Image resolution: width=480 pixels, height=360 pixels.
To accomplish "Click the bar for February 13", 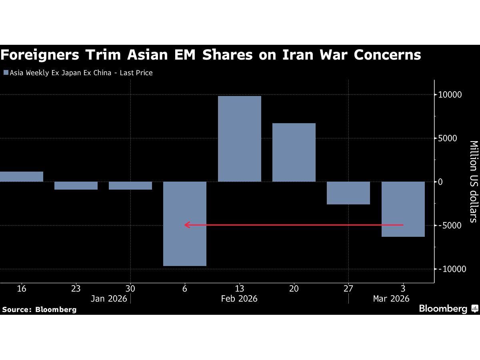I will [x=239, y=139].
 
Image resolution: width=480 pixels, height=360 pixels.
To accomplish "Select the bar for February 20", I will [x=294, y=152].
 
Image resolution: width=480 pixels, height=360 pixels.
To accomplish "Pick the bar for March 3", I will [x=403, y=209].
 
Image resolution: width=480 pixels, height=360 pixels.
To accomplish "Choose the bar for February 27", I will [x=348, y=193].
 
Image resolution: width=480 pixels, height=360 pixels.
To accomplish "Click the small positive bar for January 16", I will [x=21, y=176].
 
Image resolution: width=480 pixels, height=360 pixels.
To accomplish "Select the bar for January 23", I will [x=76, y=186].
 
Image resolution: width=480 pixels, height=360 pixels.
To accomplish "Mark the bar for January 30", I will [x=130, y=186].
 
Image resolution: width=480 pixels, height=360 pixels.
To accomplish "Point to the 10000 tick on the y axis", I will [x=450, y=95].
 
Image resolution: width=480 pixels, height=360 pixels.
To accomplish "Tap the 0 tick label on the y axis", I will [x=440, y=182].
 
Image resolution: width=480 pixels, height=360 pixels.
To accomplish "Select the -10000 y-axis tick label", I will [x=452, y=269].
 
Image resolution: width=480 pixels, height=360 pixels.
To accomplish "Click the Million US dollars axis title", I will [x=473, y=181].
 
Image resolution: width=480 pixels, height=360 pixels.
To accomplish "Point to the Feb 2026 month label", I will [x=239, y=299].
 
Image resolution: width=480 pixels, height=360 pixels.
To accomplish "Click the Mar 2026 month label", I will [x=391, y=299].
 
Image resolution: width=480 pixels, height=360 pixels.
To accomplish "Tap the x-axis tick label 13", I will [x=239, y=288].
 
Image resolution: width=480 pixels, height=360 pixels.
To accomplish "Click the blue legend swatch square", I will [x=6, y=73].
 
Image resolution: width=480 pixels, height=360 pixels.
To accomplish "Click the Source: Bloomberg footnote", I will [x=39, y=309].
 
